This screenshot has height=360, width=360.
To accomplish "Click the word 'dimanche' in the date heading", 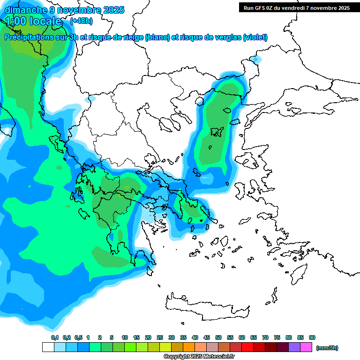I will point(22,10).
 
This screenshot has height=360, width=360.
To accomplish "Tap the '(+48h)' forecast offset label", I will point(81,21).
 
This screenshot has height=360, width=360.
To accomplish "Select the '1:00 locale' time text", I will point(34,21).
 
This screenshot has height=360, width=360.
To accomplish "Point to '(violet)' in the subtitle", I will point(255,37).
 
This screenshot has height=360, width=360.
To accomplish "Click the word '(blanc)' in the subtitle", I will point(157,37).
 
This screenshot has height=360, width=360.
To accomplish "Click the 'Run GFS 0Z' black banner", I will point(296,8).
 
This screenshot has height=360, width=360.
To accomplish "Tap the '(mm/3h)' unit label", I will point(327,348).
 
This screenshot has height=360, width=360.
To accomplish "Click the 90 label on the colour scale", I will point(312,337).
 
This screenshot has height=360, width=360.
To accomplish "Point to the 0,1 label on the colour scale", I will point(54,337).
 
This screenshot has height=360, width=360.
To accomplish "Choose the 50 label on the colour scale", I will point(218,337).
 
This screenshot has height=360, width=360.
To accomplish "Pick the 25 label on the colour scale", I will point(160,337).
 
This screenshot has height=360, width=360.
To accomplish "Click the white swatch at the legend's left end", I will point(48,347).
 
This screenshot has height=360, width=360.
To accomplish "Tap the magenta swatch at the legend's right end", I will point(306,347).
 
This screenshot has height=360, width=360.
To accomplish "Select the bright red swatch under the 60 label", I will point(247,347).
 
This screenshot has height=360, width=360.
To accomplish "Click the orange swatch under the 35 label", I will point(189,347).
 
